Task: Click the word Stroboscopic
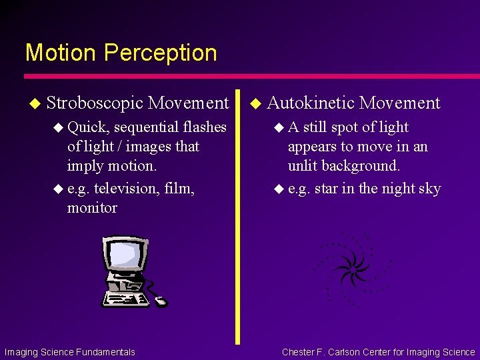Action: [95, 103]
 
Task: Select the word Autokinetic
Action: [311, 103]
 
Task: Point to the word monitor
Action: [92, 208]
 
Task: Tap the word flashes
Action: [203, 127]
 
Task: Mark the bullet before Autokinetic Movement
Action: [254, 103]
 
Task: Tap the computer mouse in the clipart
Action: [161, 301]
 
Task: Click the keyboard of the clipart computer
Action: [127, 299]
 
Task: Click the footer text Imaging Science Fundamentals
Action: [69, 352]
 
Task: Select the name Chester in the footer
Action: [300, 352]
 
